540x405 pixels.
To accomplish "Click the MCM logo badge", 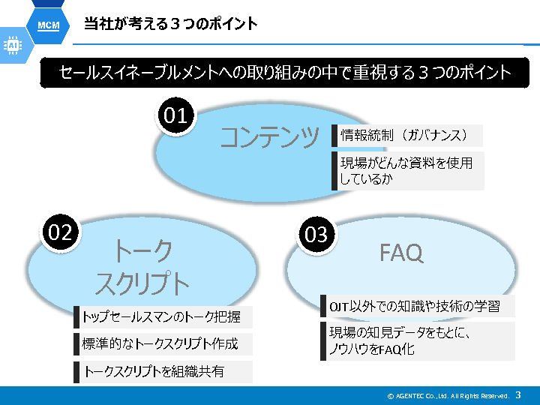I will point(48,25).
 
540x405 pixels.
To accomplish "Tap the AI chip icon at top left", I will point(13,46).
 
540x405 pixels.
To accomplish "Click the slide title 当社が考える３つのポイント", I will point(170,24).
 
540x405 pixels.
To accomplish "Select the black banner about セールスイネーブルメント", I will point(285,73).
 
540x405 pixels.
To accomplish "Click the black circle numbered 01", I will point(175,115).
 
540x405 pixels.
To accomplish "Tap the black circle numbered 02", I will point(60,232).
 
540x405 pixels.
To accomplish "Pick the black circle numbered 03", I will point(316,235).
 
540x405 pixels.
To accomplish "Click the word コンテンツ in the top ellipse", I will point(269,137).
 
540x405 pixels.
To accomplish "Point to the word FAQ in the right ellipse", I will point(401,253).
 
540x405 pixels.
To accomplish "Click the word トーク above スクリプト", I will point(142,250).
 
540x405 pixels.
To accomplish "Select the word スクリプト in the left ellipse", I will point(142,283).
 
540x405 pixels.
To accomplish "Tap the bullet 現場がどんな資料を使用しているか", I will point(408,171).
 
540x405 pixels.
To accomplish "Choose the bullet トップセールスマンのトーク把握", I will point(163,317).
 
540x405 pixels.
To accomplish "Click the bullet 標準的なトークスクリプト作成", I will point(162,344).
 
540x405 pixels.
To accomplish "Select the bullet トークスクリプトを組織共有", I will point(154,371).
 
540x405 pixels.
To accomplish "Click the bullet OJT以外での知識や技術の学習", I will point(418,306).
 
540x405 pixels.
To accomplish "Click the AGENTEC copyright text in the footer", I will point(448,395).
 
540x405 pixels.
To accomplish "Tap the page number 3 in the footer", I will point(518,394).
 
